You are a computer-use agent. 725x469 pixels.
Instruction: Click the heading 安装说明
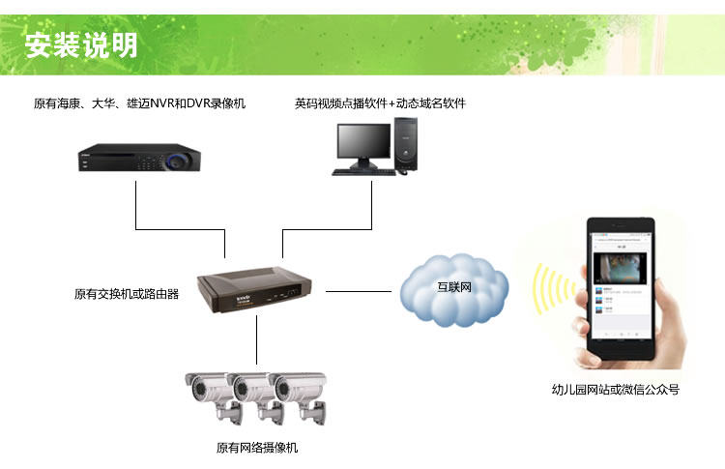[x=81, y=45]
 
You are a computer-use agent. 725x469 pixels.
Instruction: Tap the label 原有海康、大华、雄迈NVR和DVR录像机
[x=139, y=103]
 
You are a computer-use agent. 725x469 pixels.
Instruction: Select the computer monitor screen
[x=363, y=145]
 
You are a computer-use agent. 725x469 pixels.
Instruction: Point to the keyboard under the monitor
[x=363, y=172]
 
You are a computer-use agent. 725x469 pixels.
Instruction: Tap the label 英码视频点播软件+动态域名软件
[x=380, y=103]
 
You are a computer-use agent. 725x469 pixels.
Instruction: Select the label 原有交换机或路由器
[x=127, y=294]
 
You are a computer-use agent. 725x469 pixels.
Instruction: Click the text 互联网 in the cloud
[x=454, y=287]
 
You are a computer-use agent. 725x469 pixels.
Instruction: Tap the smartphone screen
[x=621, y=285]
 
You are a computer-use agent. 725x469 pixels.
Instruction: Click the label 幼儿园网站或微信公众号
[x=616, y=390]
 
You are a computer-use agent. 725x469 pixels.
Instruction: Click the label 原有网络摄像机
[x=257, y=449]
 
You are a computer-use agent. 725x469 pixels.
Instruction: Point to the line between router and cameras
[x=257, y=338]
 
